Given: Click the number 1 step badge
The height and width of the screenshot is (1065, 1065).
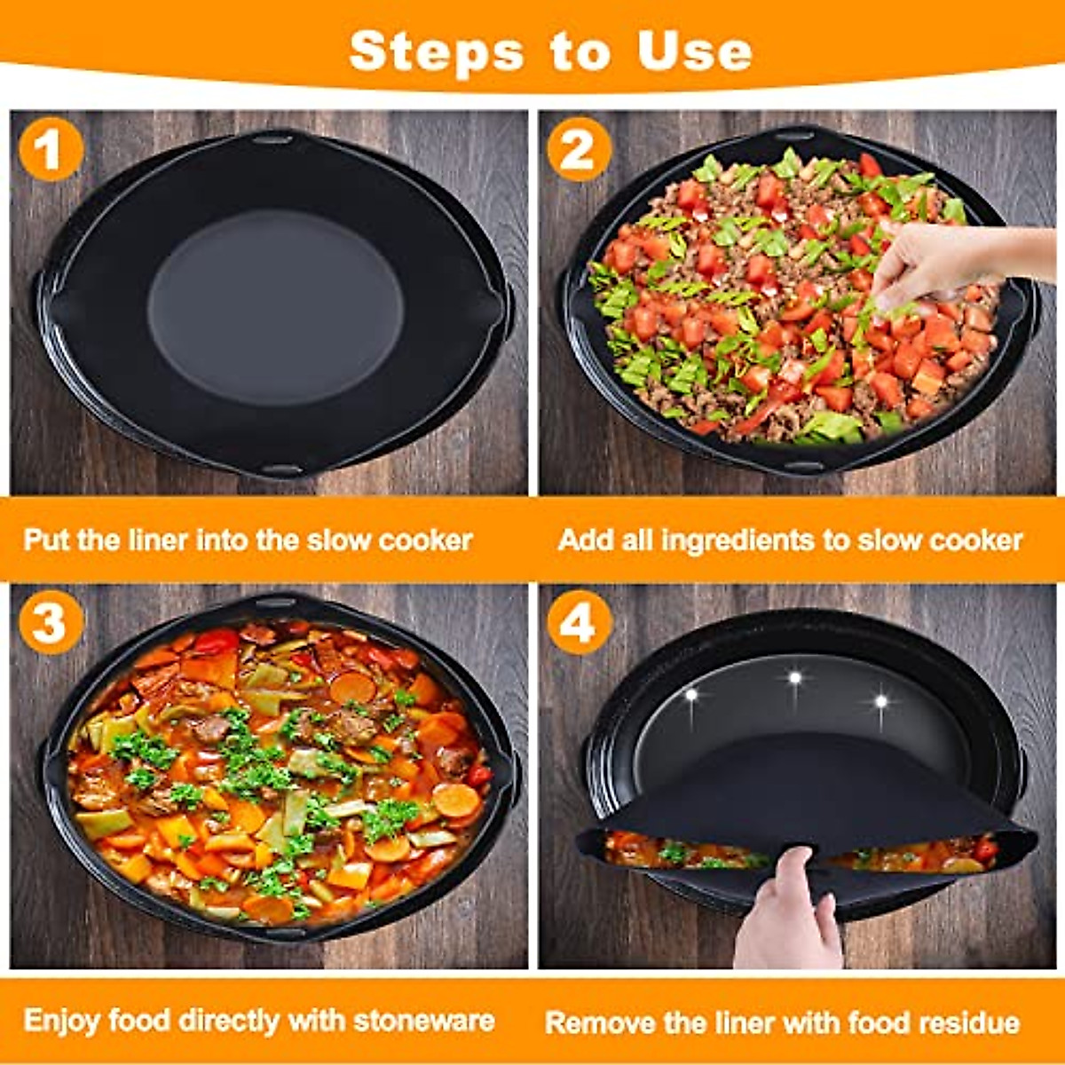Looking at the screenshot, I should point(51,149).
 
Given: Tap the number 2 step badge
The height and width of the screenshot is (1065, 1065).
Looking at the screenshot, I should point(579,149).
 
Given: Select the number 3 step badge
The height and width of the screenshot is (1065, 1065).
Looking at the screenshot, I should point(51,622).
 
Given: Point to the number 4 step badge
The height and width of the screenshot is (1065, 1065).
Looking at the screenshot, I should point(579,622).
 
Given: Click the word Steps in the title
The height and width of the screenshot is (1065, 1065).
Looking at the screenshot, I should point(436,51).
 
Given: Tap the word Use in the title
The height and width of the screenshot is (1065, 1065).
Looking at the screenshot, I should point(694,51).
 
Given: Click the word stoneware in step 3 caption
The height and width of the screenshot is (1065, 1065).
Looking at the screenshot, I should point(423,1021).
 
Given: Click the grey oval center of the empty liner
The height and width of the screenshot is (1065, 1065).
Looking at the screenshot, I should point(275,306).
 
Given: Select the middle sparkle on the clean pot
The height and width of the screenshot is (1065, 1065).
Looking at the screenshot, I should point(795,678).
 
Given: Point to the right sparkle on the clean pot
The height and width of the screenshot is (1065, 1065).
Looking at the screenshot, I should point(880,701).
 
